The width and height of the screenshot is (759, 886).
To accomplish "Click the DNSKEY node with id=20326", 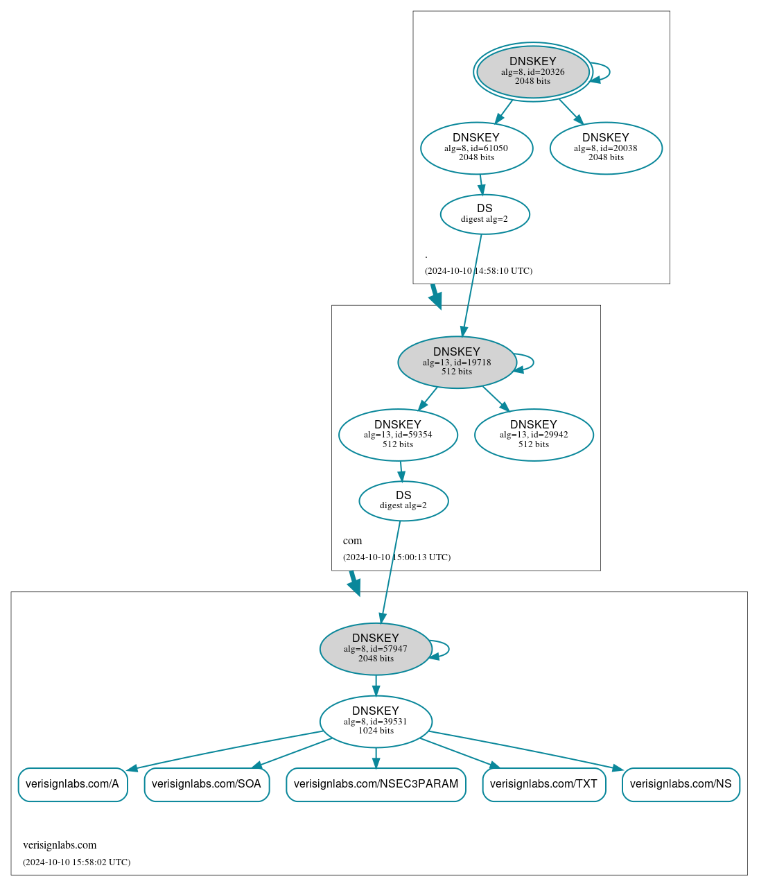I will (532, 71).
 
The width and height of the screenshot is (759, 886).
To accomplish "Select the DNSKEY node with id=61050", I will (476, 148).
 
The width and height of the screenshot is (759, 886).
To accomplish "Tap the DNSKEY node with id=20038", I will (606, 148).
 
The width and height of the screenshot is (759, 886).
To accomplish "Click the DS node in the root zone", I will (485, 214).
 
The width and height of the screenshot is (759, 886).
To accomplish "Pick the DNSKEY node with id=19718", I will (457, 362).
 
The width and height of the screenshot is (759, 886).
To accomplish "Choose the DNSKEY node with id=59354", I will (398, 435).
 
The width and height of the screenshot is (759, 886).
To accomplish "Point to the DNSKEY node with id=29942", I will (534, 435).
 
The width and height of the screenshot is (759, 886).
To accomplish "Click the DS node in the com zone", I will (403, 501).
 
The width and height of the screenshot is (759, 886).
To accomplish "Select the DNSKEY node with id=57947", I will (376, 649).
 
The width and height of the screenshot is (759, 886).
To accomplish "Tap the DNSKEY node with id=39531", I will (376, 721).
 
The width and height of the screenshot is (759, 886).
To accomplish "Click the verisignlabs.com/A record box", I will (73, 784).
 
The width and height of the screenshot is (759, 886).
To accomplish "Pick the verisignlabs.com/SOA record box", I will (207, 784).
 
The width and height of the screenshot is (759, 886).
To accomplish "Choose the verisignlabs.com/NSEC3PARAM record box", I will (376, 784).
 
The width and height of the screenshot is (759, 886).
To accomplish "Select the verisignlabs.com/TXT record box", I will (544, 784).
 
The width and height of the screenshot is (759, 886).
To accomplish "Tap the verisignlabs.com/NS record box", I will (681, 784).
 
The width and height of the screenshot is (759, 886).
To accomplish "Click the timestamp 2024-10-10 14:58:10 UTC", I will (478, 271).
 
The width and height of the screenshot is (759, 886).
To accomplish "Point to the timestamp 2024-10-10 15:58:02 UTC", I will (76, 862).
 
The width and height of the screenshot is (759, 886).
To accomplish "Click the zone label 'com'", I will (352, 541).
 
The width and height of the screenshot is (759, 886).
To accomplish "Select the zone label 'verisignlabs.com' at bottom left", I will (60, 845).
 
